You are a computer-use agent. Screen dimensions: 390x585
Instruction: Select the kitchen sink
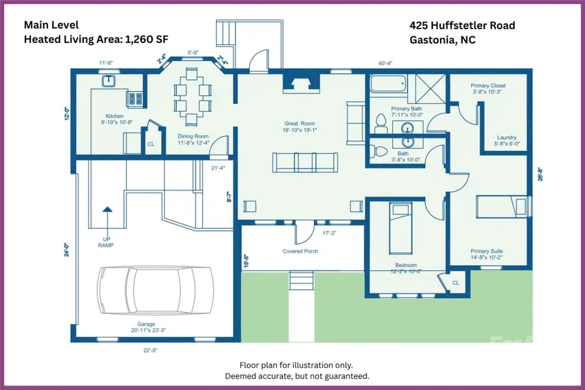click(x=109, y=81)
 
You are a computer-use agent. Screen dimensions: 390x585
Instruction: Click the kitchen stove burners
click(x=135, y=99)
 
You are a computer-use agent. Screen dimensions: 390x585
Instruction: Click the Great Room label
click(x=300, y=123)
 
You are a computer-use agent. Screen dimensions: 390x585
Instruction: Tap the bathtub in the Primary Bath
click(x=388, y=84)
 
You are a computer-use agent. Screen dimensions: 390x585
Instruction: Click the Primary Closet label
click(x=488, y=86)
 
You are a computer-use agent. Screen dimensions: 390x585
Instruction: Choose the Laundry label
click(x=506, y=137)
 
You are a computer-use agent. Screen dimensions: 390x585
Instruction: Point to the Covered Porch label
click(x=300, y=251)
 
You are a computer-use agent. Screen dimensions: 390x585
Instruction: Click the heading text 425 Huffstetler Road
click(x=462, y=26)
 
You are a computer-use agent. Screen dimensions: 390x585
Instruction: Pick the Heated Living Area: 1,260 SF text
click(x=96, y=40)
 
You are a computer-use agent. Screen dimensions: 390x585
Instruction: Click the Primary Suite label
click(x=487, y=251)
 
